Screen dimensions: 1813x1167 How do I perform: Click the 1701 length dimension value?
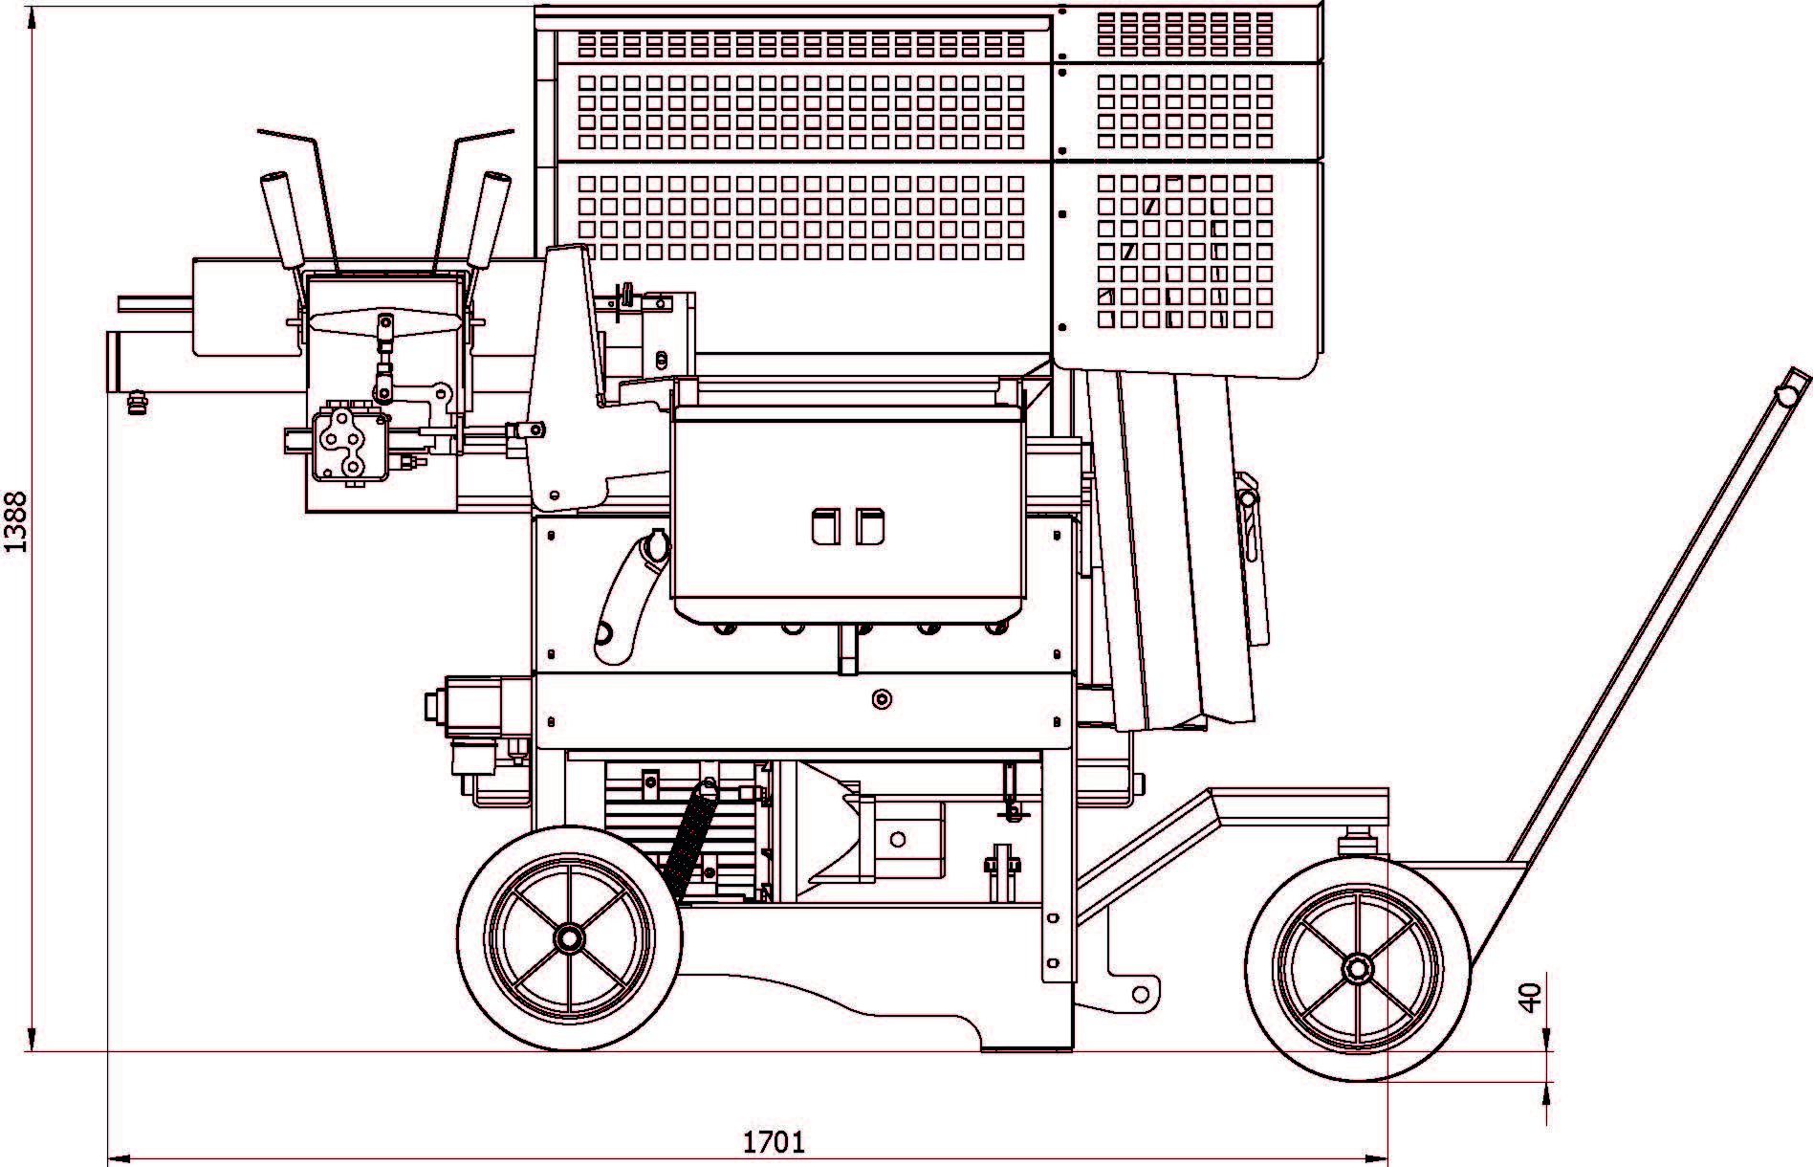(774, 1141)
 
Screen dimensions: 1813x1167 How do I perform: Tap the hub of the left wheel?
(569, 938)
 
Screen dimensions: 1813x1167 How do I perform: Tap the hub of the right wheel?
(1356, 968)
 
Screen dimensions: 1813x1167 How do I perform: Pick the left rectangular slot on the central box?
(825, 526)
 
